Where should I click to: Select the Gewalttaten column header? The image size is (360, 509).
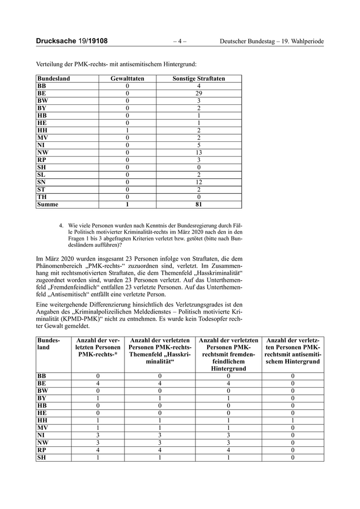pyautogui.click(x=128, y=79)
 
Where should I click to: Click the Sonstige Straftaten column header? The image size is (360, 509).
pyautogui.click(x=199, y=79)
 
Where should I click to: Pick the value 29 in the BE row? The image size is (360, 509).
pyautogui.click(x=199, y=94)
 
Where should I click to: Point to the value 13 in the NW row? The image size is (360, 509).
pyautogui.click(x=199, y=153)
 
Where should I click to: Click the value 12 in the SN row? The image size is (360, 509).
pyautogui.click(x=199, y=183)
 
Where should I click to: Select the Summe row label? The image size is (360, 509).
pyautogui.click(x=48, y=205)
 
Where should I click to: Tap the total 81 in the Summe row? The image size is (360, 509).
pyautogui.click(x=199, y=205)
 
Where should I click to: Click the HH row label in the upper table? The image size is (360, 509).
pyautogui.click(x=42, y=131)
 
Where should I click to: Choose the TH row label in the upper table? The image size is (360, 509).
pyautogui.click(x=42, y=197)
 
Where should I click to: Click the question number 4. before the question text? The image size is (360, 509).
pyautogui.click(x=62, y=225)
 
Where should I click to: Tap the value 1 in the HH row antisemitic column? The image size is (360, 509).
pyautogui.click(x=293, y=420)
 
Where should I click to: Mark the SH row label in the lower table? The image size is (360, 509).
pyautogui.click(x=42, y=458)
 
